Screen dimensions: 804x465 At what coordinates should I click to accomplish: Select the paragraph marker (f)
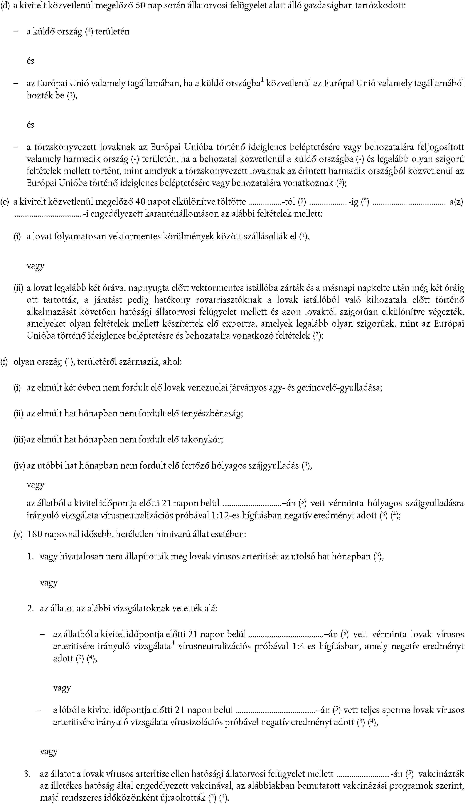[4, 362]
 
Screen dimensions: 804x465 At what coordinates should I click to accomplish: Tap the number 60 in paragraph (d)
[141, 5]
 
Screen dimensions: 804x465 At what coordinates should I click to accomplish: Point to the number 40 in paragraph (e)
[141, 202]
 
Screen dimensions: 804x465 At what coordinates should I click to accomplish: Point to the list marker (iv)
[19, 466]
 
